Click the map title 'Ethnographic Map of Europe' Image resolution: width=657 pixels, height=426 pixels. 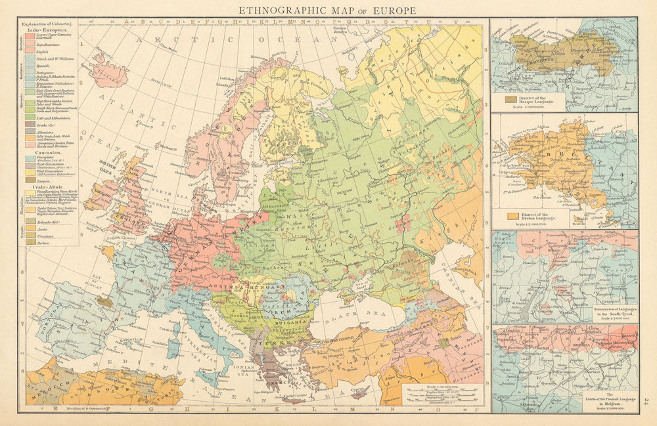[327, 10]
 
